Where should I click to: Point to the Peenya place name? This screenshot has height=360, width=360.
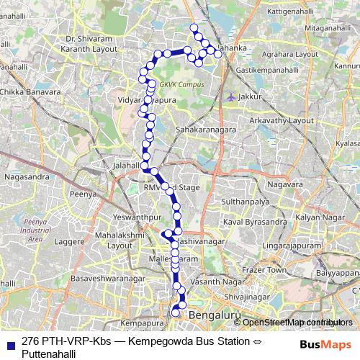click(x=82, y=194)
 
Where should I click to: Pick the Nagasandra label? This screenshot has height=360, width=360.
click(x=26, y=175)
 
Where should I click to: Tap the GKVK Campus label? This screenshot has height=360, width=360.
click(x=178, y=84)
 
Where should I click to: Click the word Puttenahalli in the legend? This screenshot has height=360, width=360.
click(x=49, y=354)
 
